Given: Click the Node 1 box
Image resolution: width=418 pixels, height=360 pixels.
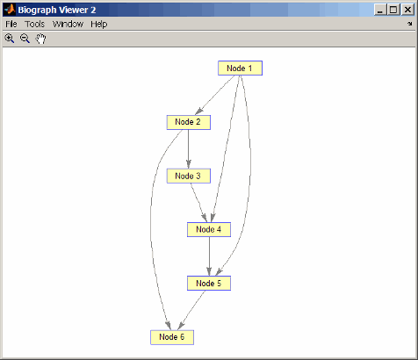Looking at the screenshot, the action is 240,68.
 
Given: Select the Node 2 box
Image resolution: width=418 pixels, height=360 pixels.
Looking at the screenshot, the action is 189,122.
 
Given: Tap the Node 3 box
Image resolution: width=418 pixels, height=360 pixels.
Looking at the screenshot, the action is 189,176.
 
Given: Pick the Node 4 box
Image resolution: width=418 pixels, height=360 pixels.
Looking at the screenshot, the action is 209,230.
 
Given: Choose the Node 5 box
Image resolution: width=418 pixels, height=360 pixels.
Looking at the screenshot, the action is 209,284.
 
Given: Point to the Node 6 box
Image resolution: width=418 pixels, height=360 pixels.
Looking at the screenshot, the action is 172,337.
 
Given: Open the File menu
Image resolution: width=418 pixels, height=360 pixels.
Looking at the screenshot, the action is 11,24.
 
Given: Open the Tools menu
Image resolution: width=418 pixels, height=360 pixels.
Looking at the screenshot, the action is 34,24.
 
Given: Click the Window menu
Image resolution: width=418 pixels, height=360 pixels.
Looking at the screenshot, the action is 68,24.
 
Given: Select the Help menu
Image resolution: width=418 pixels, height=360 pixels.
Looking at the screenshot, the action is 99,25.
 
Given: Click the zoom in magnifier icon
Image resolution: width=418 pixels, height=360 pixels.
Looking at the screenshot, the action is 10,39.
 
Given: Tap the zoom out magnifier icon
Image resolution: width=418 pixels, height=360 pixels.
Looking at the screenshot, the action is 25,39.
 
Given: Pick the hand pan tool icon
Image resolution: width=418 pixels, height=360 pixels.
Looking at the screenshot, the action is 40,39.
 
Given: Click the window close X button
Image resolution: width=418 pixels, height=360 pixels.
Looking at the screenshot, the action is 407,10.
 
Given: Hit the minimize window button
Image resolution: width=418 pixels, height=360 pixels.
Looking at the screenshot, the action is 380,10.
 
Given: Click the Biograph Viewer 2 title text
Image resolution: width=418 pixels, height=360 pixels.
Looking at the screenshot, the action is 57,10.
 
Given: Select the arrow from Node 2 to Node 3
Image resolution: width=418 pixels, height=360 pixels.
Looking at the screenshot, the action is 189,149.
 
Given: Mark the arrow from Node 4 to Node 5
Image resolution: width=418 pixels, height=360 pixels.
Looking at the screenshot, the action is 209,256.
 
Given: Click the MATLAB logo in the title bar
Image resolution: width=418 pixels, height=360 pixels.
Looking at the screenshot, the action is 10,10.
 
